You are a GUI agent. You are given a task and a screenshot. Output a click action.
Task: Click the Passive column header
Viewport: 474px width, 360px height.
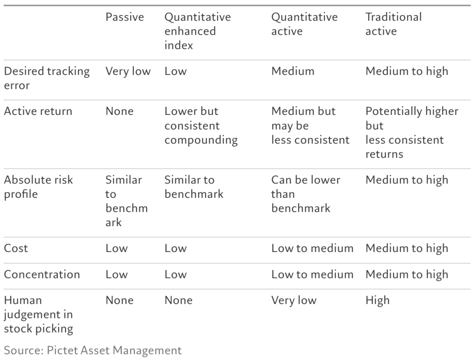tap(125, 17)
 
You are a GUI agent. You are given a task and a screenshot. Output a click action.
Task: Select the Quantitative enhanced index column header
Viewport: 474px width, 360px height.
tap(197, 31)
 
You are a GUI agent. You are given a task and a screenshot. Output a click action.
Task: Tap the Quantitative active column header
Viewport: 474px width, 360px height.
tap(305, 24)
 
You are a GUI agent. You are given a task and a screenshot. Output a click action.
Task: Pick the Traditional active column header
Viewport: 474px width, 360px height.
tap(393, 24)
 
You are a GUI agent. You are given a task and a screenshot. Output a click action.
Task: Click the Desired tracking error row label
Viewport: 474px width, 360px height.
tap(47, 78)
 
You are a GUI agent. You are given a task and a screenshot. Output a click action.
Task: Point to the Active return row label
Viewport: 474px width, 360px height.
tap(38, 111)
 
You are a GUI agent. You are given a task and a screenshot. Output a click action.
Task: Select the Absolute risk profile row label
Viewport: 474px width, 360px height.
tap(38, 187)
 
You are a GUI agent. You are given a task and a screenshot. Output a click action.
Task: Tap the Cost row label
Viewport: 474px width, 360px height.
tap(16, 248)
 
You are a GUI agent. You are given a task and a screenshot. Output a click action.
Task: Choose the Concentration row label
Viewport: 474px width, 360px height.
tap(42, 274)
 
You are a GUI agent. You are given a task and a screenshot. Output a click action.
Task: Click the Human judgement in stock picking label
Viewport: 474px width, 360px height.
tap(38, 315)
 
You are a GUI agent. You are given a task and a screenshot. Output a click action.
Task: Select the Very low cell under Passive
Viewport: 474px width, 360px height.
tap(128, 71)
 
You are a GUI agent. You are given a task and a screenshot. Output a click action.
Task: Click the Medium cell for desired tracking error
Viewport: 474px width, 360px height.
tap(293, 71)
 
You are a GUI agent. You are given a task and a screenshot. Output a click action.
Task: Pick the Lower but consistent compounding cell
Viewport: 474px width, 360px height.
tap(201, 126)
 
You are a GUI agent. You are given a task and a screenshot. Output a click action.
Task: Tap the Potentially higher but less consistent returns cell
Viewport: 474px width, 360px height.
tap(412, 133)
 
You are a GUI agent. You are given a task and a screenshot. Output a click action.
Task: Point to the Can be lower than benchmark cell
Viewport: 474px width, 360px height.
tap(306, 194)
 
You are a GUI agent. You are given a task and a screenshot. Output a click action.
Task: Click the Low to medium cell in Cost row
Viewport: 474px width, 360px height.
tap(312, 248)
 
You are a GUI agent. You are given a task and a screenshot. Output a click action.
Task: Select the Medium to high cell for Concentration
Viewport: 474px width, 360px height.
tap(406, 275)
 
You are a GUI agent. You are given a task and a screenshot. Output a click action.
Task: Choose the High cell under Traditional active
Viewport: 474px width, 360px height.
tap(377, 300)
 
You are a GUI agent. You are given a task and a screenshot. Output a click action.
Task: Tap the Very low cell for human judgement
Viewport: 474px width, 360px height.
tap(294, 300)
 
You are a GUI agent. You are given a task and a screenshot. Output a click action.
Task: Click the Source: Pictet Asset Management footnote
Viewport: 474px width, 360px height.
tap(93, 350)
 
